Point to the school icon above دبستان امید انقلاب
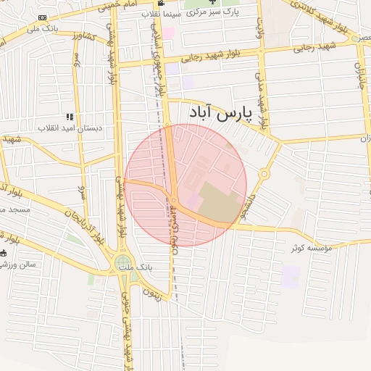pyautogui.click(x=70, y=117)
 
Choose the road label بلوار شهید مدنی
pyautogui.click(x=263, y=102)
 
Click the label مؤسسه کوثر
pyautogui.click(x=311, y=248)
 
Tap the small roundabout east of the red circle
pyautogui.click(x=264, y=174)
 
